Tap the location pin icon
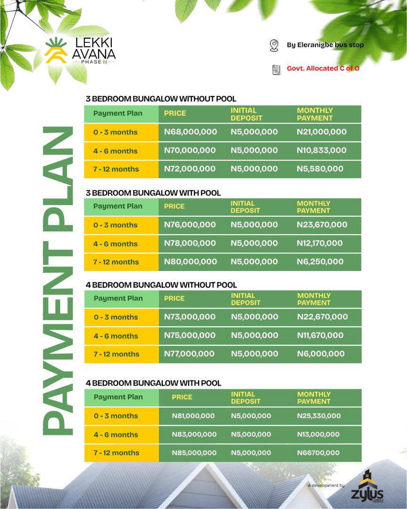pos(274,45)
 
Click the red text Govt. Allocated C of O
pos(323,68)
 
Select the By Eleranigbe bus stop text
pos(325,45)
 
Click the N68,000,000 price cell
pos(191,132)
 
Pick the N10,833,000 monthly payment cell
pos(322,150)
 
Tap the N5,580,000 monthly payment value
pos(320,169)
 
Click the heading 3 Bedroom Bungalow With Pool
pos(153,193)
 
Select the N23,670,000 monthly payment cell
pos(322,225)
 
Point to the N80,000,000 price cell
pos(190,262)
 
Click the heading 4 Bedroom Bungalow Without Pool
pos(161,285)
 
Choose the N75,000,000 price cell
pos(190,336)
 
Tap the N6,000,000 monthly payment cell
pos(321,354)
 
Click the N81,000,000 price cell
pos(193,416)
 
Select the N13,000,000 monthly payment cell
pos(318,435)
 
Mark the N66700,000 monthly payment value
pos(318,453)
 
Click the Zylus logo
pos(367,488)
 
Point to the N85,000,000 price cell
pos(194,453)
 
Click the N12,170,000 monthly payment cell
pos(320,243)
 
